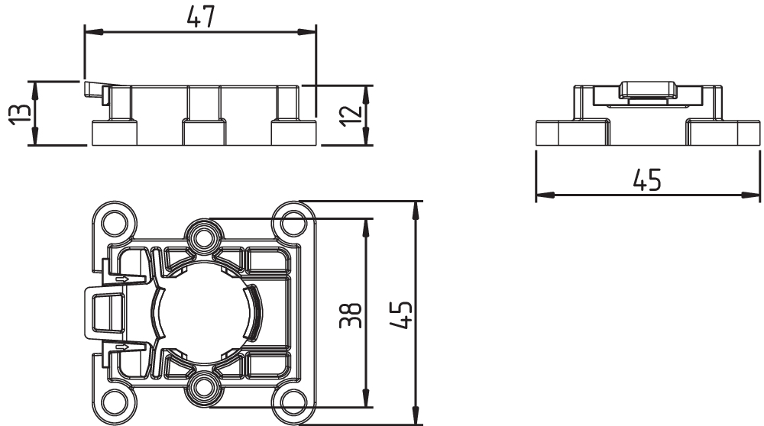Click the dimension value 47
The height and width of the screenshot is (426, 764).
pos(200,17)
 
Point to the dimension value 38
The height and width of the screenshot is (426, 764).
pos(351,315)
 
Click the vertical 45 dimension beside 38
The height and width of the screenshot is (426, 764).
pos(402,315)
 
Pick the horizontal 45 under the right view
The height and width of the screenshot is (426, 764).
pos(647,179)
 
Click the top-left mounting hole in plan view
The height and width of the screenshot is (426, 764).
pos(113,222)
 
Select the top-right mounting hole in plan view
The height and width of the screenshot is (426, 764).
pos(291,224)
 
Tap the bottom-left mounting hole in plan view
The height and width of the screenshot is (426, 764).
pos(113,401)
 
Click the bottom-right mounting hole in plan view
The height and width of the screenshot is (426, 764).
pos(291,401)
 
